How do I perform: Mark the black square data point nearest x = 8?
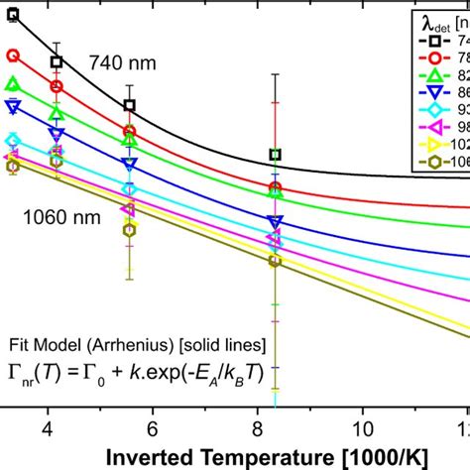pos(276,155)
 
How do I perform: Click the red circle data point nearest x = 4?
pos(57,86)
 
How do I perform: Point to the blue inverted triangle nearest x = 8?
pos(276,221)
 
